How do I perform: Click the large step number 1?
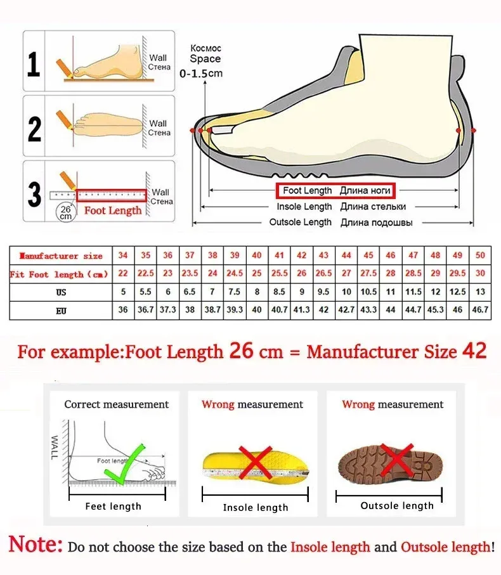coord(34,63)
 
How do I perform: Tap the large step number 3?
coord(34,194)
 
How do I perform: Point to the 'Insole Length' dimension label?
coord(304,207)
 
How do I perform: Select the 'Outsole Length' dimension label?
coord(301,222)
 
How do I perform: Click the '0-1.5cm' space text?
coord(202,74)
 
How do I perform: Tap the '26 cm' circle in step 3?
coord(65,211)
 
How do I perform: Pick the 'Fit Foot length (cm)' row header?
coord(60,274)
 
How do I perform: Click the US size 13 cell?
coord(480,292)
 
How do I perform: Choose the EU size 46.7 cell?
coord(480,310)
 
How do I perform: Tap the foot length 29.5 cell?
coord(457,274)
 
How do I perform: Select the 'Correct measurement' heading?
coord(117,404)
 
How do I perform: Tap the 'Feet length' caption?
coord(114,506)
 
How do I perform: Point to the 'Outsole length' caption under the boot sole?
coord(397,505)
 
